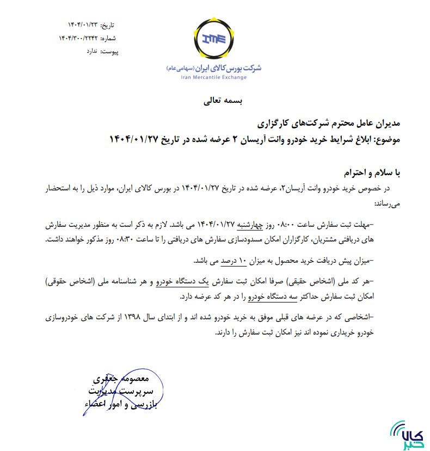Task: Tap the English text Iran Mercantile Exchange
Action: (x=214, y=77)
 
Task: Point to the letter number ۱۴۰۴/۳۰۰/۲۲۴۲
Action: (x=79, y=38)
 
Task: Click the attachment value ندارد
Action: (x=93, y=51)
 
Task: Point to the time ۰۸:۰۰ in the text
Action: (x=294, y=224)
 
